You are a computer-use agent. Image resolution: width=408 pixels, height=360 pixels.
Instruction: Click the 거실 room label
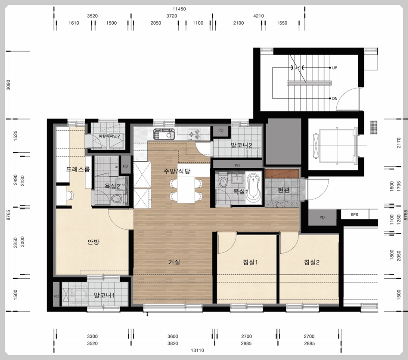[x=174, y=262]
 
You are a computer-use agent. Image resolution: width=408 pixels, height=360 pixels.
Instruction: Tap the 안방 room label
[x=93, y=242]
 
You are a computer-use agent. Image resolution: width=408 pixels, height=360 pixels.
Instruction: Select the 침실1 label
[x=250, y=262]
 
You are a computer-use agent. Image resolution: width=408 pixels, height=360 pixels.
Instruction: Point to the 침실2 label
[x=312, y=262]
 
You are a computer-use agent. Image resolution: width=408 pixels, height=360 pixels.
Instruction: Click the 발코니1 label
[x=104, y=296]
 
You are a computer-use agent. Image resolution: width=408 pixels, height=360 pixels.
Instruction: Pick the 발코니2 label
[x=241, y=145]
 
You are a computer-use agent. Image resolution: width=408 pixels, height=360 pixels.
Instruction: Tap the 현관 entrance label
[x=283, y=190]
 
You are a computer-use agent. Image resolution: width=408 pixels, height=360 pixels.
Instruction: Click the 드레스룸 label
[x=78, y=169]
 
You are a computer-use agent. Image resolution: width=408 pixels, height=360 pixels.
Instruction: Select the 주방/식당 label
[x=177, y=171]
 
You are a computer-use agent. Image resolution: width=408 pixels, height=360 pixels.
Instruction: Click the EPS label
[x=354, y=215]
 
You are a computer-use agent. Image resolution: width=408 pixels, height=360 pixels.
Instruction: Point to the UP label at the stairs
[x=334, y=68]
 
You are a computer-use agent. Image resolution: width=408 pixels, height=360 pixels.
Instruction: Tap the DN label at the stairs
[x=334, y=99]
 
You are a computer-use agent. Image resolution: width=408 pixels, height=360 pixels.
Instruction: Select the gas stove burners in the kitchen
[x=194, y=134]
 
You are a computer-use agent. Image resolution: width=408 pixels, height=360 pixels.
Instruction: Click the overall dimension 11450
[x=179, y=9]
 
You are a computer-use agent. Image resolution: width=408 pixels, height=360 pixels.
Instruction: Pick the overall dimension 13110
[x=197, y=350]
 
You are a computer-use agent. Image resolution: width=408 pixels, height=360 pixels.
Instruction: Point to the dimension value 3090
[x=8, y=85]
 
